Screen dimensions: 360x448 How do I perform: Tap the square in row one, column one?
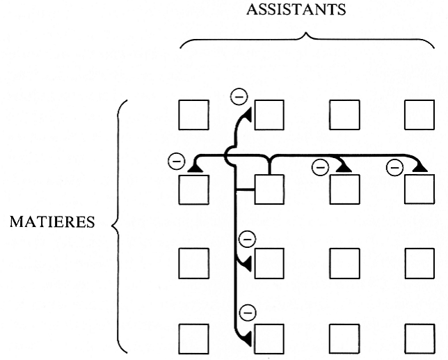pyautogui.click(x=193, y=115)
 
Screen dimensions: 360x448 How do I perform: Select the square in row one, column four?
pyautogui.click(x=419, y=115)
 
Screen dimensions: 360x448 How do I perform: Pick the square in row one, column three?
pyautogui.click(x=344, y=115)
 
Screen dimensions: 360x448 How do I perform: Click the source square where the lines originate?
pyautogui.click(x=269, y=189)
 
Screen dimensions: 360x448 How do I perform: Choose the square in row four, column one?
pyautogui.click(x=193, y=338)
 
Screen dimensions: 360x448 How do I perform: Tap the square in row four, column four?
pyautogui.click(x=419, y=338)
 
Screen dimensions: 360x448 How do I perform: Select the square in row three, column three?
pyautogui.click(x=344, y=264)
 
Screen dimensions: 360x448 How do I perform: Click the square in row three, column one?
pyautogui.click(x=193, y=264)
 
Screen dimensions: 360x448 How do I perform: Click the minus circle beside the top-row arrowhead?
pyautogui.click(x=238, y=95)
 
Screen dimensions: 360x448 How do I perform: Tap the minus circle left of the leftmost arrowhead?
pyautogui.click(x=176, y=162)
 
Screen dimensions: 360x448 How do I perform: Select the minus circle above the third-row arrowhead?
pyautogui.click(x=245, y=240)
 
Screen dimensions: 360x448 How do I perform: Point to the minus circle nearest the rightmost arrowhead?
pyautogui.click(x=394, y=166)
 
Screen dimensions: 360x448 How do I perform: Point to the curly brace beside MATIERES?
pyautogui.click(x=118, y=224)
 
